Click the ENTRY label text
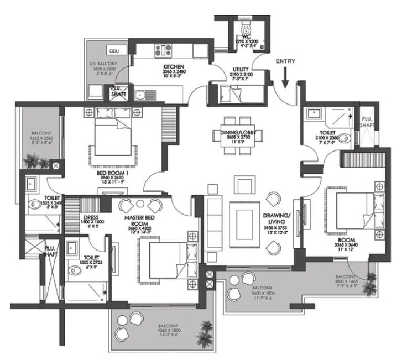(x=285, y=61)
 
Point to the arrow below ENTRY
(x=285, y=77)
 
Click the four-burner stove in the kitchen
(x=163, y=51)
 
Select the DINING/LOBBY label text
(x=232, y=133)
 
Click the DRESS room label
(x=91, y=217)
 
